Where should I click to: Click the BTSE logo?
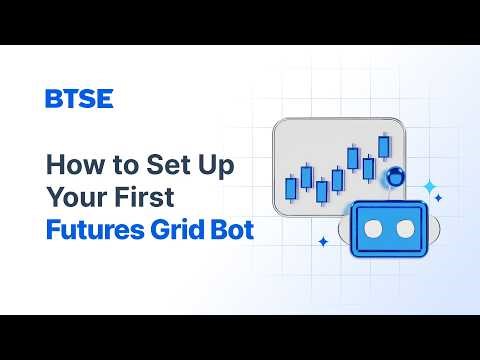tap(79, 98)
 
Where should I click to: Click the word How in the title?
tap(69, 163)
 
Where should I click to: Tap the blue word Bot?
tap(233, 230)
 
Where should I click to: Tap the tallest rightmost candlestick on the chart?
tap(384, 146)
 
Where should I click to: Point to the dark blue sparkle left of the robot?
tap(323, 241)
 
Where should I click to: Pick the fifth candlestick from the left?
tap(353, 158)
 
